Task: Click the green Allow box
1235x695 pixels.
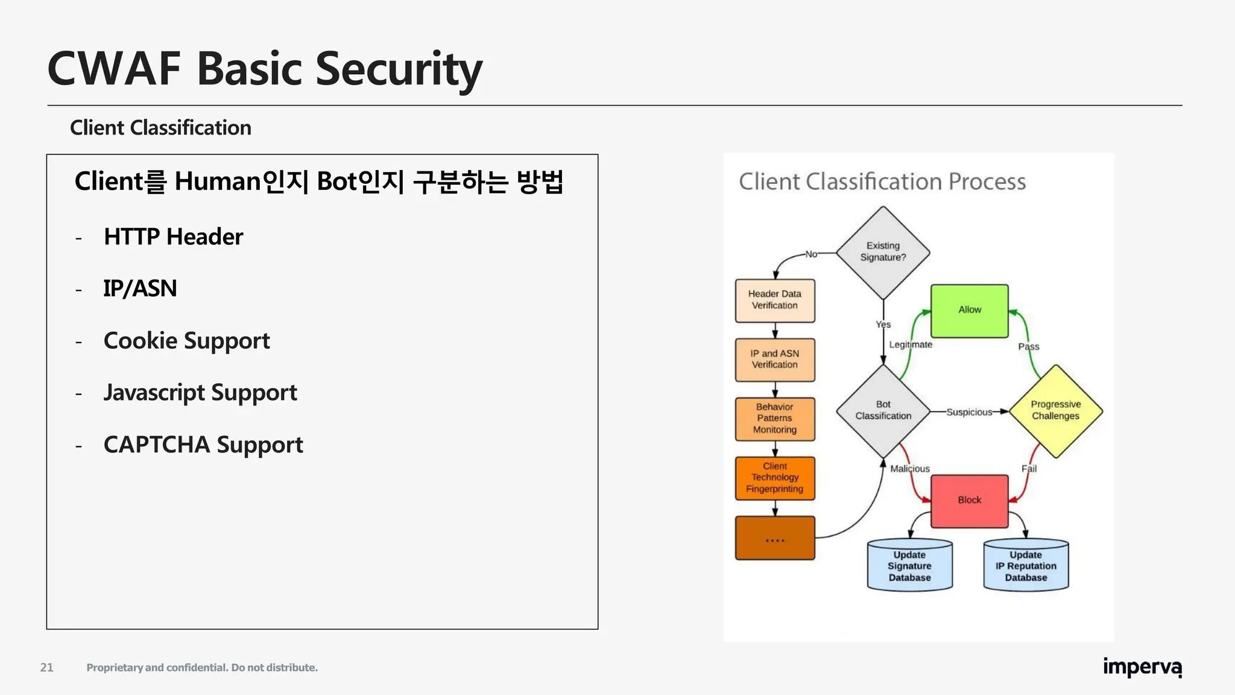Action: click(969, 311)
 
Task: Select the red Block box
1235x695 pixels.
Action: click(969, 501)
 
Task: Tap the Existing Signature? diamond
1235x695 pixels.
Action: click(883, 252)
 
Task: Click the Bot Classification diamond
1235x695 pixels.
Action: click(883, 411)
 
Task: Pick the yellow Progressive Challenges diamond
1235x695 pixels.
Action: click(1055, 411)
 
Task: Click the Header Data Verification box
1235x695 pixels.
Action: click(775, 300)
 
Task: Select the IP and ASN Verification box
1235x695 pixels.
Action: click(775, 360)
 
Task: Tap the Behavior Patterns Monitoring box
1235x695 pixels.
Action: click(775, 419)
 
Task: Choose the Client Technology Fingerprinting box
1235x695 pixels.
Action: click(775, 478)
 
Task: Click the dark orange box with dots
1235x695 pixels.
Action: click(775, 538)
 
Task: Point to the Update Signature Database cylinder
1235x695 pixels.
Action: click(909, 566)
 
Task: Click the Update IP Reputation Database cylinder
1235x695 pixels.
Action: click(1026, 566)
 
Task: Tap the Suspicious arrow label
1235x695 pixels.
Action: click(968, 412)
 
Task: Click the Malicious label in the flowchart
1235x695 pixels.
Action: click(910, 469)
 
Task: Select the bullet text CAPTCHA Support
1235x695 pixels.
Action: click(203, 445)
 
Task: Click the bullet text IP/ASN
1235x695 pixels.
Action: click(140, 289)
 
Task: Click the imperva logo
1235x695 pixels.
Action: click(1142, 667)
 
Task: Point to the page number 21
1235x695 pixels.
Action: click(46, 667)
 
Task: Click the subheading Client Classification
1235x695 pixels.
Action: click(160, 128)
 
